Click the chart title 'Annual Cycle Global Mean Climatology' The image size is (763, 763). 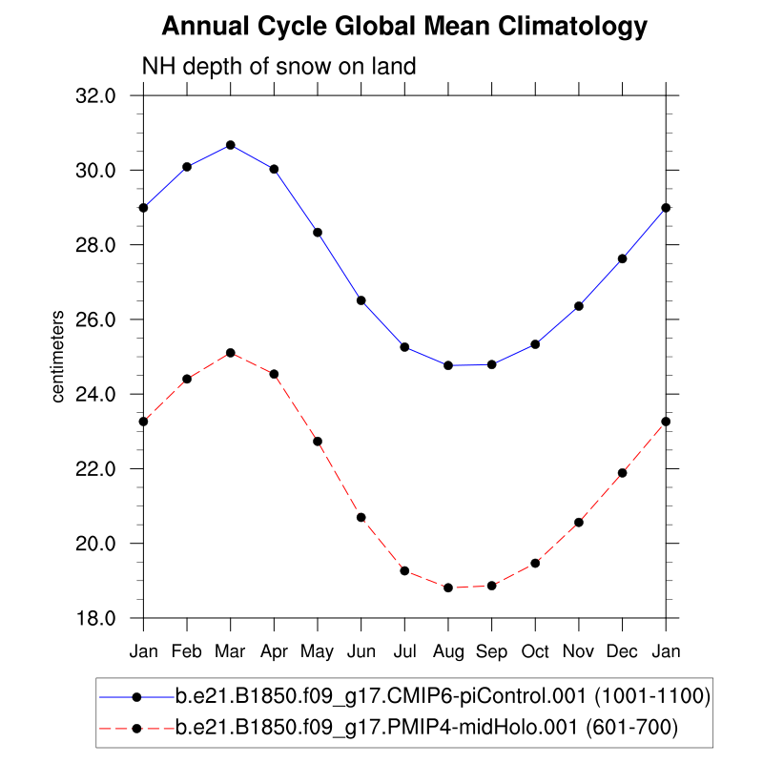pos(404,27)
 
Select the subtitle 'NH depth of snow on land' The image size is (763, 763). pos(278,67)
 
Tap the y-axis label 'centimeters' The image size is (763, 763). pos(58,356)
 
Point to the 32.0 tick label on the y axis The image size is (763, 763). pos(95,95)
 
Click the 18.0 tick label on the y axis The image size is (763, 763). pos(95,618)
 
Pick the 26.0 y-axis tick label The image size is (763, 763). pos(95,320)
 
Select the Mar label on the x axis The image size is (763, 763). pos(231,651)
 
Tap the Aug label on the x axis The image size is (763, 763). pos(448,651)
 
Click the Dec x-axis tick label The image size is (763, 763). pos(622,651)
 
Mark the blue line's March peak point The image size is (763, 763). pos(231,145)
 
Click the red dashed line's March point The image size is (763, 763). pos(231,353)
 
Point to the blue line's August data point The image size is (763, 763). pos(448,365)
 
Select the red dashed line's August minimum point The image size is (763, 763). pos(448,588)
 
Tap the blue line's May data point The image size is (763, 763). pos(318,232)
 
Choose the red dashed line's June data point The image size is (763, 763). pos(361,517)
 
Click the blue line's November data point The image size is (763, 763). pos(579,306)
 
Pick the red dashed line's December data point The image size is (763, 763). pos(622,473)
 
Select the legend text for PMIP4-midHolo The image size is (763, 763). pos(425,729)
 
